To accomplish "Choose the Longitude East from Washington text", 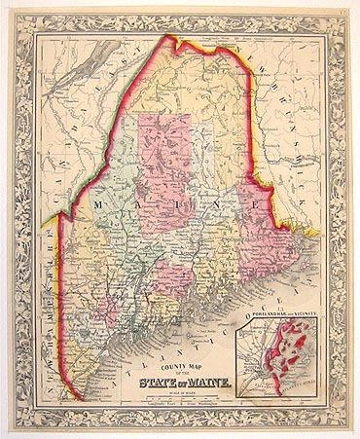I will pyautogui.click(x=195, y=397).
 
